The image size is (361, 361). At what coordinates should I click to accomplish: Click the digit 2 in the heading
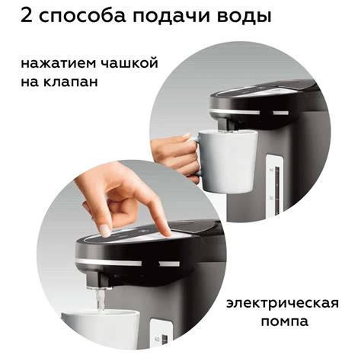point(27,15)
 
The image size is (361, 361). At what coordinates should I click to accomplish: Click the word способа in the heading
point(82,18)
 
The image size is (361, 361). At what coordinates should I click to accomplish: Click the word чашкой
point(129,63)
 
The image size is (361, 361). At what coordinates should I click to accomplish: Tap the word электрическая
point(283,304)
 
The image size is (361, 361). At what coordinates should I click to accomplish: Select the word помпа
point(285,321)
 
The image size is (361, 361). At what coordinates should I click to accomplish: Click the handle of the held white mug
point(195,155)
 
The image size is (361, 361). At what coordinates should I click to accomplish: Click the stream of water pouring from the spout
point(101,300)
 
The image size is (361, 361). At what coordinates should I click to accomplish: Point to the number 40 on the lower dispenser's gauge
point(156,339)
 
